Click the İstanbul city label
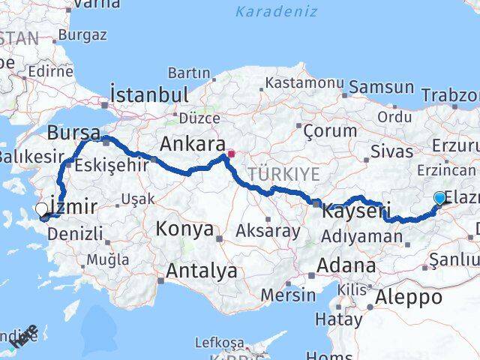[x=148, y=94]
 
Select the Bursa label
[x=73, y=133]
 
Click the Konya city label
[x=184, y=229]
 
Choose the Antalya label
[x=202, y=270]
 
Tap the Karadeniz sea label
[x=276, y=11]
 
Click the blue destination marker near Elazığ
[x=439, y=198]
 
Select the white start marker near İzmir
[x=40, y=211]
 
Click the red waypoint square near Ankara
[x=231, y=155]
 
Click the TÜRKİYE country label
[x=284, y=174]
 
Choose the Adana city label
[x=346, y=265]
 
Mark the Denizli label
[x=74, y=233]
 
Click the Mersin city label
[x=289, y=294]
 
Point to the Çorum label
[x=330, y=130]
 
